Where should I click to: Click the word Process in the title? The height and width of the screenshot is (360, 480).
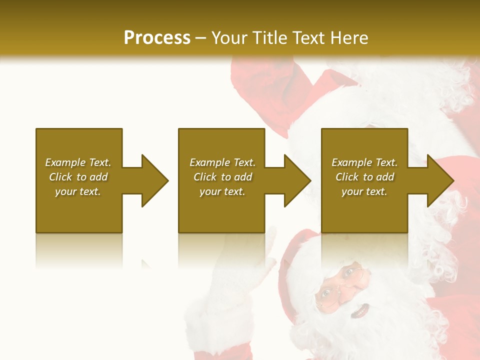[x=157, y=37]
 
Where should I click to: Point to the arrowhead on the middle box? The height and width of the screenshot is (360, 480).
[x=297, y=180]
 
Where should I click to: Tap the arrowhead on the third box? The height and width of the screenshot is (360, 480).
[x=440, y=180]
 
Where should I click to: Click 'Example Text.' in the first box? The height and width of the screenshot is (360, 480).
[x=78, y=162]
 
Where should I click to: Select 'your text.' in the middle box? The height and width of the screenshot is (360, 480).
[x=222, y=191]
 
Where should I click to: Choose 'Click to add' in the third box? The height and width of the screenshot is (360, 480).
[x=364, y=177]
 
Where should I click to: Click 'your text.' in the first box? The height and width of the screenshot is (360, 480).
[x=78, y=191]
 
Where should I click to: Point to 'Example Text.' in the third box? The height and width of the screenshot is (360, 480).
[x=364, y=162]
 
